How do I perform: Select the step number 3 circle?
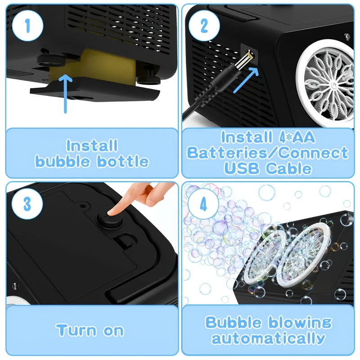(27, 203)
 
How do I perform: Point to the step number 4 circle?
(203, 203)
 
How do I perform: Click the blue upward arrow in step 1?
(66, 92)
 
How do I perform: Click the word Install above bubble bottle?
(92, 146)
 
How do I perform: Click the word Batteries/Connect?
(268, 153)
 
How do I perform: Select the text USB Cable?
(268, 168)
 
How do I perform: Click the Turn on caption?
(90, 330)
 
